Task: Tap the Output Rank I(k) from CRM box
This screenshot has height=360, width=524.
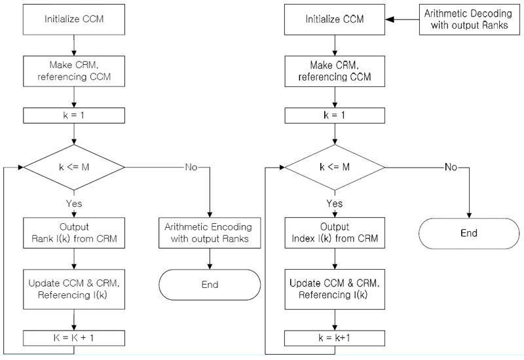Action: (74, 232)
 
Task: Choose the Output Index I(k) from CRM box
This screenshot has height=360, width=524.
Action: (335, 232)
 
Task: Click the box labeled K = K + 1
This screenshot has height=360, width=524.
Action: (74, 338)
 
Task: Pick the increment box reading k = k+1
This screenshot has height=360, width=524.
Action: (335, 338)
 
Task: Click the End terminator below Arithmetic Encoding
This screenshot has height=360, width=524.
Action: (208, 285)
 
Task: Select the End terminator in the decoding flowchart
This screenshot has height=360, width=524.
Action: (469, 232)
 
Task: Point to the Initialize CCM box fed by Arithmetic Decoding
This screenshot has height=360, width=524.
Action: (335, 20)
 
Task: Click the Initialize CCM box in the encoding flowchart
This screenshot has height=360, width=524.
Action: (74, 20)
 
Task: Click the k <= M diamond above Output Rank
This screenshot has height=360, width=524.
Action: (74, 167)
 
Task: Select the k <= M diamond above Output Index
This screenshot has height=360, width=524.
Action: (335, 167)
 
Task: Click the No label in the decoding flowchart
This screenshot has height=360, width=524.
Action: (451, 167)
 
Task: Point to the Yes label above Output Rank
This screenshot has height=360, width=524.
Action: (74, 204)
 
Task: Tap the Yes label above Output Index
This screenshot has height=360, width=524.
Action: (335, 204)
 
